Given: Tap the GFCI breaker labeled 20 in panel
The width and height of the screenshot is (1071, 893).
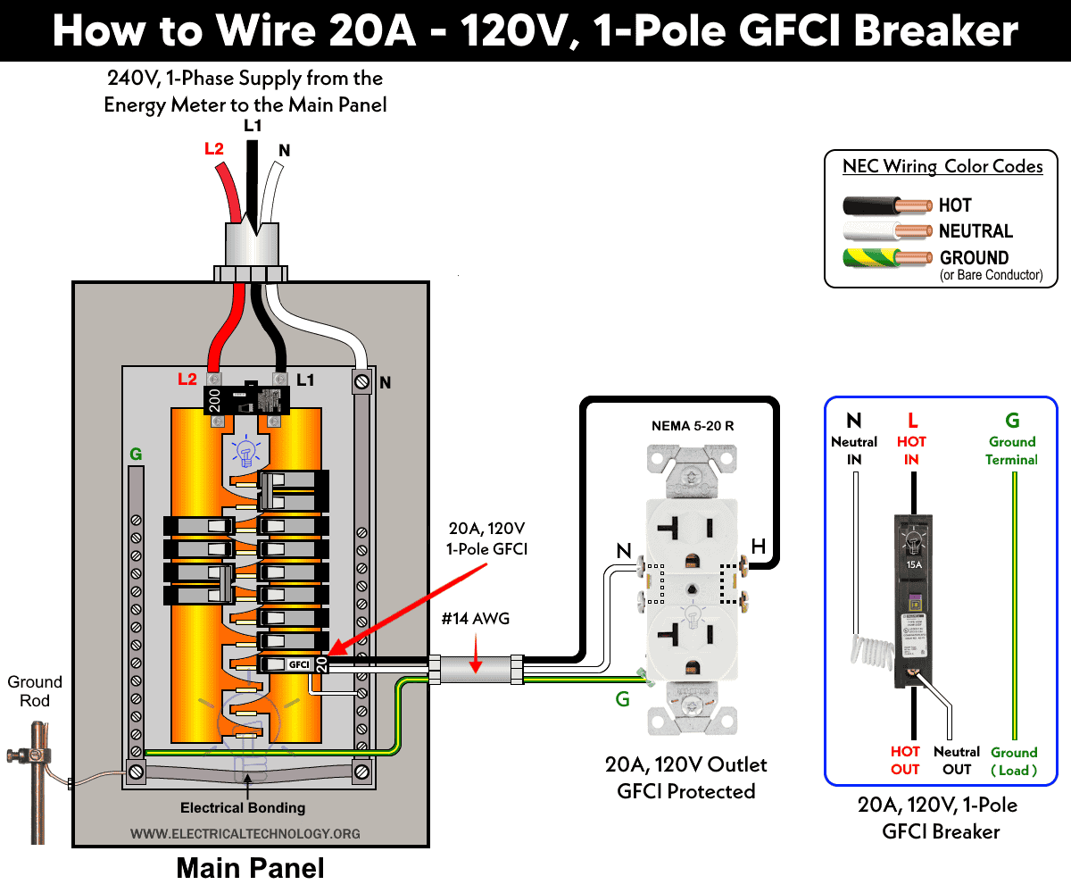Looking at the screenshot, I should tap(294, 664).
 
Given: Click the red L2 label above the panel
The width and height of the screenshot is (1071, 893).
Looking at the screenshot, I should tap(214, 149).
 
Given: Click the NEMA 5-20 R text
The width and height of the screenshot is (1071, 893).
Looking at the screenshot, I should tap(693, 426).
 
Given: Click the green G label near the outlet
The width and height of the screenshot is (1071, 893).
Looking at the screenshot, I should tap(623, 699).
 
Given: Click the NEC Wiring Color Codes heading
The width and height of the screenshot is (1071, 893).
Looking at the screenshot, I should tap(942, 167).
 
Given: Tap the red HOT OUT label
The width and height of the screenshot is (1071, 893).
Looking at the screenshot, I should tap(905, 761).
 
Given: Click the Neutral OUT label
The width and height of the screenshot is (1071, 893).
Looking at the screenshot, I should tap(957, 761).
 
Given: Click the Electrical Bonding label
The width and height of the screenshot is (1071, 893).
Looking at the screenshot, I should tap(243, 808).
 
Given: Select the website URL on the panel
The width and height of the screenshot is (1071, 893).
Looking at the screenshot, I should tap(245, 833).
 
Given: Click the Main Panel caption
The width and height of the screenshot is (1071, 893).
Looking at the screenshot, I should tap(250, 868).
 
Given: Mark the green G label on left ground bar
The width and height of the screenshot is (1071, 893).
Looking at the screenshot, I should tap(136, 455).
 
